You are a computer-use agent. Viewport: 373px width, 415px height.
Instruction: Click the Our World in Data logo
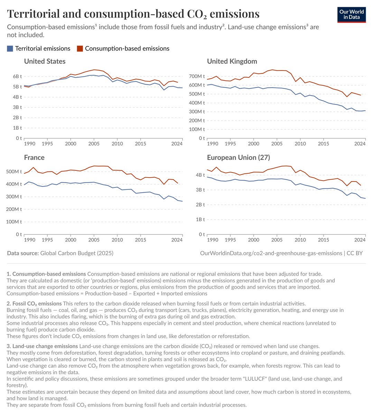click(351, 14)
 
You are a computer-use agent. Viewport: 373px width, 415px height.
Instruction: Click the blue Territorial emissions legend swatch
click(10, 49)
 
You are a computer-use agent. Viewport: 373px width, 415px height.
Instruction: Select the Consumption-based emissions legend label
click(127, 49)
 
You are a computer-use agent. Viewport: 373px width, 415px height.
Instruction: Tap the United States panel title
click(45, 62)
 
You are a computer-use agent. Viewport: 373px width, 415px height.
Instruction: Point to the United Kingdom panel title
click(232, 62)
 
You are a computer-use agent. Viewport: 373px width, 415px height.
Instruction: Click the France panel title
click(34, 158)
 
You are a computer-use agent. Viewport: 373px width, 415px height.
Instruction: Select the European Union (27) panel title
click(238, 158)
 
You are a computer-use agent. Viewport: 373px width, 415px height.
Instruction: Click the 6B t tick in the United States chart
click(17, 76)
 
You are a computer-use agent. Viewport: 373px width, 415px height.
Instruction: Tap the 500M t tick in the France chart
click(14, 172)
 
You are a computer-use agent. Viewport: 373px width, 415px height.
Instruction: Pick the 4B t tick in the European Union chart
click(201, 175)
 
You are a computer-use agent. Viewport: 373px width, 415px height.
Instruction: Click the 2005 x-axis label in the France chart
click(94, 240)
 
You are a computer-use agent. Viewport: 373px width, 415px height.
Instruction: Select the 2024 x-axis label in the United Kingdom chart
click(360, 144)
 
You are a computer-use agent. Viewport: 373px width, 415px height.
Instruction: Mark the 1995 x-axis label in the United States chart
click(47, 144)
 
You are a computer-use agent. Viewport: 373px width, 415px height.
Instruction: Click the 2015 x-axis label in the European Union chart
click(323, 240)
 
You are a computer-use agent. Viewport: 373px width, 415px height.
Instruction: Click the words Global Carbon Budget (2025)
click(77, 253)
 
